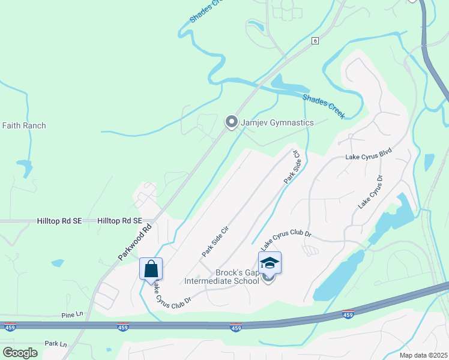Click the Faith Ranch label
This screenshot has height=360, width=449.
(24, 125)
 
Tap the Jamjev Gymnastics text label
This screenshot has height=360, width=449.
(277, 122)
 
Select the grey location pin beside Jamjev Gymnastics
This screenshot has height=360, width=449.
(231, 122)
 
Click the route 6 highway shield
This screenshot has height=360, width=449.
(315, 41)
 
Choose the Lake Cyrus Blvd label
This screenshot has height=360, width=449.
(368, 156)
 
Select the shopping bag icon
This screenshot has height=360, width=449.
(151, 268)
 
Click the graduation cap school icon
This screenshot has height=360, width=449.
(270, 263)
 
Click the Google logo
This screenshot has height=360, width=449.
(20, 353)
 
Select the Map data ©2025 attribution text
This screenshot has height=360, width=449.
(423, 355)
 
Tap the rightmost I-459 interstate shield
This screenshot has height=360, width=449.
(347, 314)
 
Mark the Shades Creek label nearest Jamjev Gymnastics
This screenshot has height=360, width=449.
(324, 106)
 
